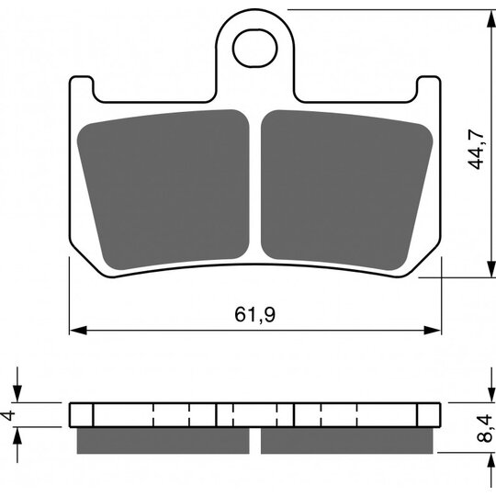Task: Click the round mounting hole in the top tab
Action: (254, 47)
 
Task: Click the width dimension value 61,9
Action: (256, 315)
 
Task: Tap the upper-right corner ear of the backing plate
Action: (429, 87)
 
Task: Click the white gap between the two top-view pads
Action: (255, 184)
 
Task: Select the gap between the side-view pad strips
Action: (255, 442)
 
